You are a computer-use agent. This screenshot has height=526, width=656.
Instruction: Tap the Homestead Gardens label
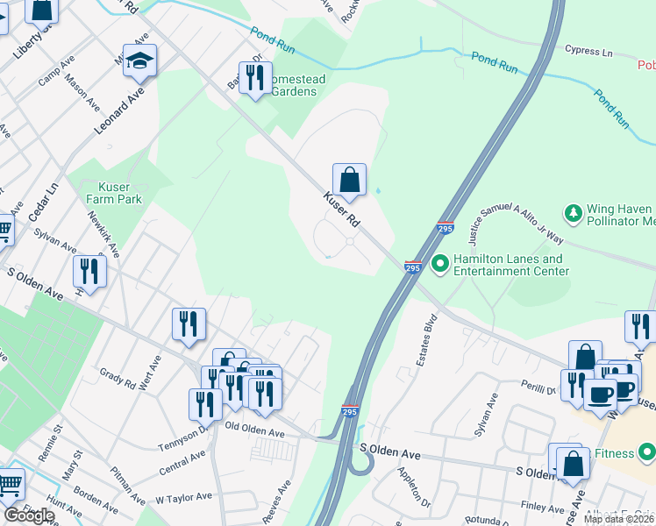(x=296, y=86)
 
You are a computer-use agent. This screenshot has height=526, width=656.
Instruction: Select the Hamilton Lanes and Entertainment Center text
(x=510, y=266)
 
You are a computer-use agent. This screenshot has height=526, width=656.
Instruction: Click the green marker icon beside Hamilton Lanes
(x=439, y=260)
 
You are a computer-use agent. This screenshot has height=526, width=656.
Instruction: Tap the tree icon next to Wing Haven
(x=574, y=213)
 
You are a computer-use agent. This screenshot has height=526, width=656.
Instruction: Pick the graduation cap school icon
(x=139, y=60)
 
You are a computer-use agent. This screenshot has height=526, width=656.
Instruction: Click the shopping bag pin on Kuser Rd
(x=349, y=180)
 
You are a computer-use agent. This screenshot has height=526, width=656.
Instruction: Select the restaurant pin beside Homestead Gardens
(x=255, y=78)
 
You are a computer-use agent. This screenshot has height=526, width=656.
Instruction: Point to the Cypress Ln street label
(x=588, y=51)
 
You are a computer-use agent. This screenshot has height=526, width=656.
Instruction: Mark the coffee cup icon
(x=601, y=394)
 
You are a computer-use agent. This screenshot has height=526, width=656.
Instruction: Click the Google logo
(x=29, y=515)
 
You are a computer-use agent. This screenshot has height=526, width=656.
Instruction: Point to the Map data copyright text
(x=619, y=519)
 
